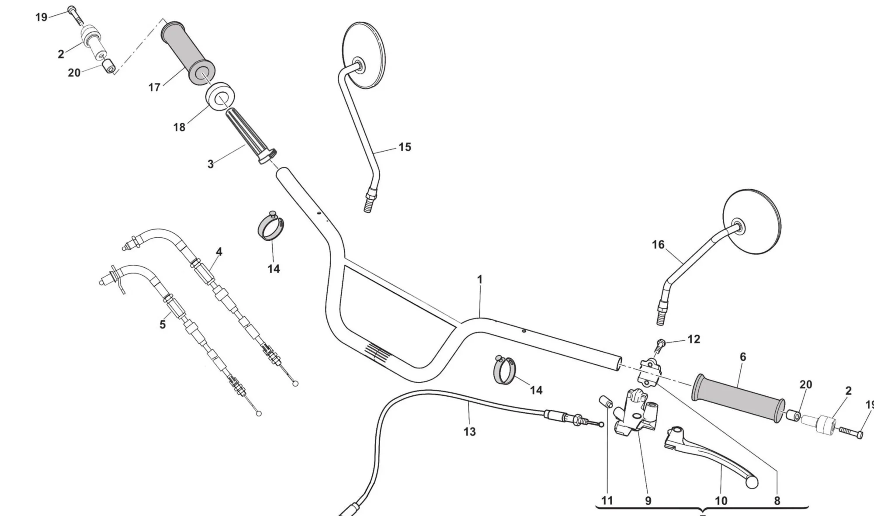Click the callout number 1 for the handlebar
[479, 279]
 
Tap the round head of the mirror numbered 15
[364, 55]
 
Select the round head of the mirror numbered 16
[752, 221]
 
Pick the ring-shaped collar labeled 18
[220, 100]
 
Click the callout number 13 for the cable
[469, 432]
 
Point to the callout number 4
[219, 252]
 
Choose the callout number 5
[163, 325]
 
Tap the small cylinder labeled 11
[605, 401]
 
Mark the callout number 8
[777, 501]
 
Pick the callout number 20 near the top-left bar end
[74, 73]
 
